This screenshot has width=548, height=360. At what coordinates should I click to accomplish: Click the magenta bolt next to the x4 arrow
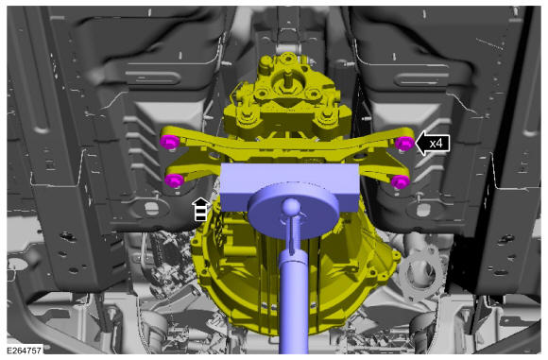404,144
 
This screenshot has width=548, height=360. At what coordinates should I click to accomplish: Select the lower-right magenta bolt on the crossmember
401,181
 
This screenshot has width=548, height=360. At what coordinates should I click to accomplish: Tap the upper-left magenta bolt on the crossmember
170,142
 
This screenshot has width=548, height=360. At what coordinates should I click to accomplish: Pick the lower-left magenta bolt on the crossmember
175,180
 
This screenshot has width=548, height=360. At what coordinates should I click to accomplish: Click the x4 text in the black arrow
436,144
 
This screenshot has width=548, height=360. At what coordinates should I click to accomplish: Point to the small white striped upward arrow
200,209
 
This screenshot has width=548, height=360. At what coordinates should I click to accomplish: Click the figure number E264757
25,350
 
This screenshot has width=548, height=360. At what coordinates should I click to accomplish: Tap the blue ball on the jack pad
291,207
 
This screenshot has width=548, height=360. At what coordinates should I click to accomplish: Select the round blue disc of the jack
294,210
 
